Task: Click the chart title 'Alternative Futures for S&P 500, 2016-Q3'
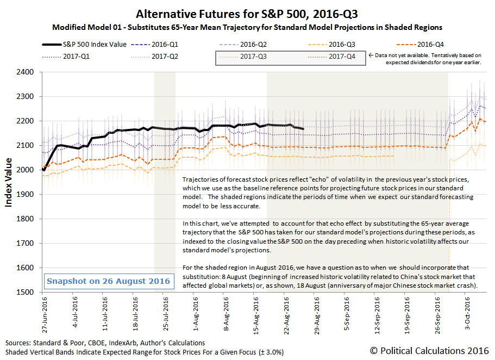[x=247, y=14]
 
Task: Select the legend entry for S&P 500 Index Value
[x=84, y=45]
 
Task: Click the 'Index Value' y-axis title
[x=9, y=182]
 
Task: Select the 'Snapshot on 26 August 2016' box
[x=100, y=281]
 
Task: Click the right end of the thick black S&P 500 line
[x=303, y=128]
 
